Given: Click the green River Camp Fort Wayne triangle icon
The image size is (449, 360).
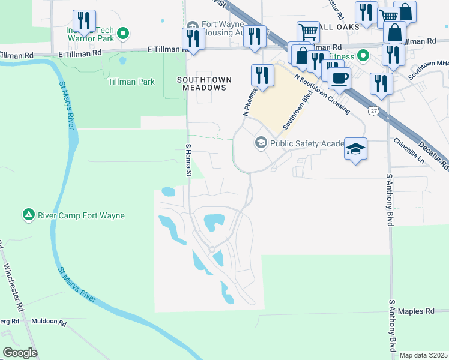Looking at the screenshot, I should click(28, 214).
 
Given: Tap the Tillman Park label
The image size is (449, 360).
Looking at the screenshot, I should click(131, 82).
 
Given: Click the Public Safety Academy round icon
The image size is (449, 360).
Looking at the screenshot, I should click(261, 143).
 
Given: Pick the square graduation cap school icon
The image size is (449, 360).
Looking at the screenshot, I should click(355, 149).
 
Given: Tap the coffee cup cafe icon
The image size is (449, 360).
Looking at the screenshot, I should click(339, 79).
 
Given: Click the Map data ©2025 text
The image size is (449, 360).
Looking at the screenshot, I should click(424, 355).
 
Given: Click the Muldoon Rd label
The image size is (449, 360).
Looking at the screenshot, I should click(49, 322).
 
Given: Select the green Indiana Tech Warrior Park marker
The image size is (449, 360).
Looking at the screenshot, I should click(123, 33).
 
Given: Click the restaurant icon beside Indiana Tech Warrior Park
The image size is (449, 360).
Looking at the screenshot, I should click(83, 21).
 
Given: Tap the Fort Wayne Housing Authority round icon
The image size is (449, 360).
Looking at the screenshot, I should click(193, 26).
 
